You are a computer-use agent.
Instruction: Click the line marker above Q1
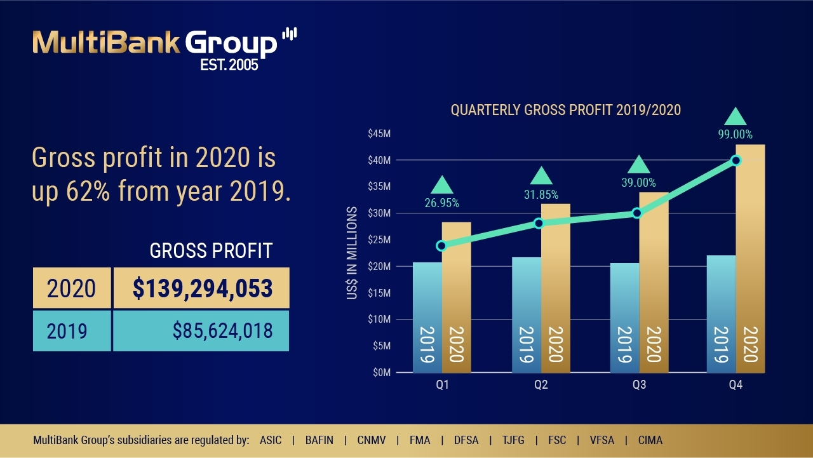pos(442,246)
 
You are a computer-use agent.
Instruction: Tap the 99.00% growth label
pos(735,135)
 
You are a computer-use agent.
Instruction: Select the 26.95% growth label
pos(441,203)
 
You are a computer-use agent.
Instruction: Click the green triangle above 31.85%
pos(541,176)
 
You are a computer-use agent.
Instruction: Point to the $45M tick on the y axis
pos(379,133)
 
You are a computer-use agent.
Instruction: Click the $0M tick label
pos(380,373)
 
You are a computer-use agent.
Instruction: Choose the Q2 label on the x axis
pos(541,385)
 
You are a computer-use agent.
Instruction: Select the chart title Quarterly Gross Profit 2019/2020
pos(565,110)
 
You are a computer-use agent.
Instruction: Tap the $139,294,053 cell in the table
pos(201,288)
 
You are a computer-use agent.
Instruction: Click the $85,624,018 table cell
pos(201,331)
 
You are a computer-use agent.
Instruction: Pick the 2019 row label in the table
pos(72,331)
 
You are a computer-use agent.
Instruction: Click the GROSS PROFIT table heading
pos(211,251)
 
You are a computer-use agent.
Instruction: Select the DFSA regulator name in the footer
pos(467,440)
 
